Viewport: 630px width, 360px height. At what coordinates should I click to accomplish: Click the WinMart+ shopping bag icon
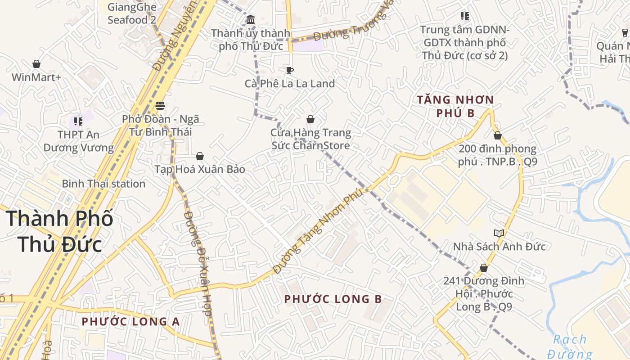36,64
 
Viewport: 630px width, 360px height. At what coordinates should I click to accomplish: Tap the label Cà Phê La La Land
290,84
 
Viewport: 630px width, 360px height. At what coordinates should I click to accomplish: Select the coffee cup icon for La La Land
290,70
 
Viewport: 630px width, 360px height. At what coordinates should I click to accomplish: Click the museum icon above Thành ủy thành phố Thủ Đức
251,19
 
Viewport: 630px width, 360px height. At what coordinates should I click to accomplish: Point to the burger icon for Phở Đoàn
160,106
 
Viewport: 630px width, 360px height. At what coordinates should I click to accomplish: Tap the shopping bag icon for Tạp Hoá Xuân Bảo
200,156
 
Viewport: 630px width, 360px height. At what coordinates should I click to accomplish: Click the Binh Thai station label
103,184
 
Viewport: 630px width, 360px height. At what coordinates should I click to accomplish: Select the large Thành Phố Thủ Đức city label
60,231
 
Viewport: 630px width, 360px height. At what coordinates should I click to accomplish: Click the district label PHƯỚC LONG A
130,321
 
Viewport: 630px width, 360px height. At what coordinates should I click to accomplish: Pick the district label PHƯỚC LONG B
333,299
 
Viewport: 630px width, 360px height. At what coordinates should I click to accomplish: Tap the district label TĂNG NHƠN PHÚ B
455,106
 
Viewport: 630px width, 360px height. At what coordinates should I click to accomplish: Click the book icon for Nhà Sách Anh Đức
499,233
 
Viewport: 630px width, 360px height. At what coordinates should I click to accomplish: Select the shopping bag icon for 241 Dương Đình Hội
484,268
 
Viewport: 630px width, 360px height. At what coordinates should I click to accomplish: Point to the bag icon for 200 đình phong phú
498,135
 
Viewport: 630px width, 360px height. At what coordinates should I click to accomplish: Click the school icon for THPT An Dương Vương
78,121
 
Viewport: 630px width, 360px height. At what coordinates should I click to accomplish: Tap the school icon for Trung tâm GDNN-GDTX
465,17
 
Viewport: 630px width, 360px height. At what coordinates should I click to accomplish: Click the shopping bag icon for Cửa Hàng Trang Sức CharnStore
310,119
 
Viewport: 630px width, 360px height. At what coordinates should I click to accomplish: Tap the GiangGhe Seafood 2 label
132,13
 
